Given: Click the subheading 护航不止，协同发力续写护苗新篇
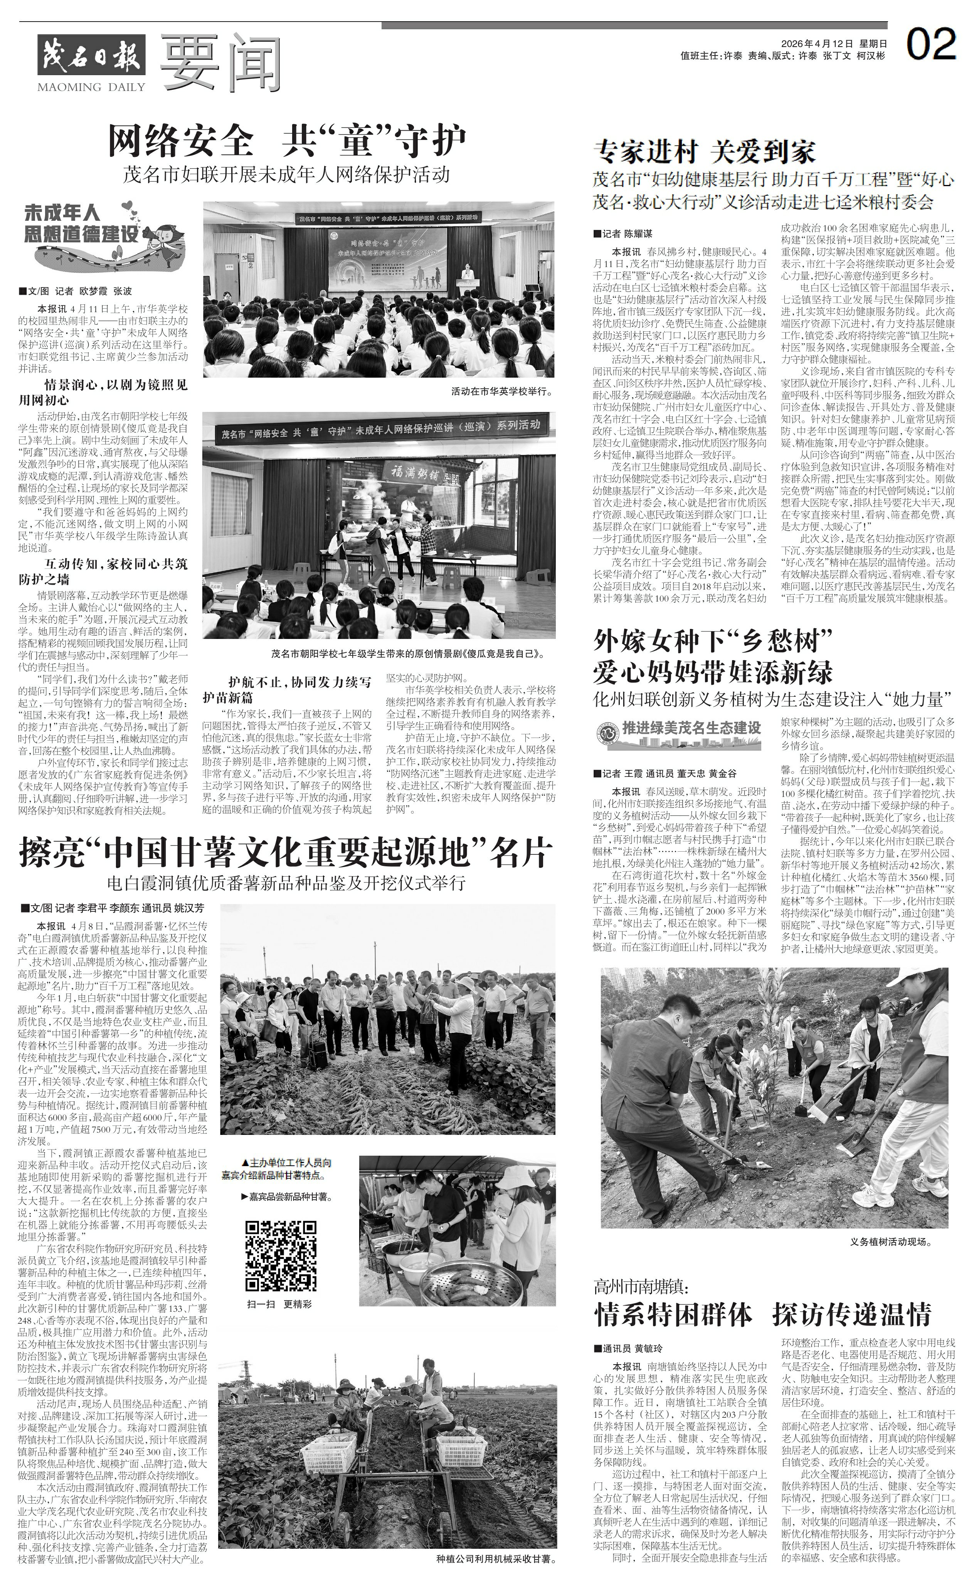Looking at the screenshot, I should point(287,689).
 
